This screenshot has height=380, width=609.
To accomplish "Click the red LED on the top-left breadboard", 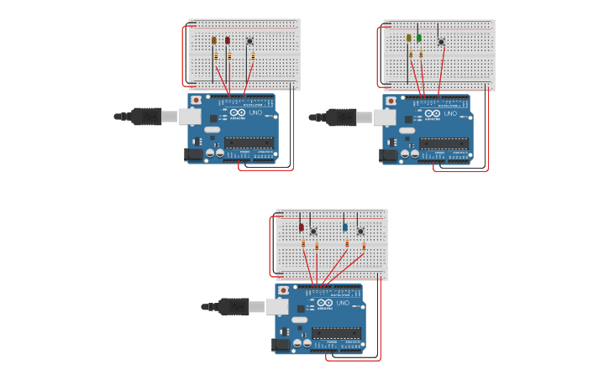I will [x=228, y=40].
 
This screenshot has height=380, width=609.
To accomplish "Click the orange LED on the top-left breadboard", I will [x=214, y=40].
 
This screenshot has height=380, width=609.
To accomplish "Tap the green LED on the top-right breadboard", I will [x=419, y=39].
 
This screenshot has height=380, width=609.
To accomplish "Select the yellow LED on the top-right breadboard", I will [x=409, y=39].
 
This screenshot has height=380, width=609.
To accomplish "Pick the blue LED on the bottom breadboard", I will [x=345, y=227].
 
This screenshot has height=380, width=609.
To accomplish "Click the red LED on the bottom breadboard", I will [x=302, y=227].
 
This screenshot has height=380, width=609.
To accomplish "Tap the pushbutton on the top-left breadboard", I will [x=249, y=41].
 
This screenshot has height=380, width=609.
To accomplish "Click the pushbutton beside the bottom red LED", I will [x=313, y=232].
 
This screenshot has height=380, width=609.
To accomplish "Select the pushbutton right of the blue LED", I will [x=360, y=232].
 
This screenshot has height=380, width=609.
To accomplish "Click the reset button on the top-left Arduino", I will [x=196, y=100].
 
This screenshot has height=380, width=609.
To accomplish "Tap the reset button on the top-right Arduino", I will [x=391, y=101].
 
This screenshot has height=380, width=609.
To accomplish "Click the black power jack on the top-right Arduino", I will [x=388, y=155].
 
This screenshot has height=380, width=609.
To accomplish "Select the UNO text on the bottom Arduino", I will [x=343, y=303].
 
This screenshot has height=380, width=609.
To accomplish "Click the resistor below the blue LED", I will [x=347, y=244].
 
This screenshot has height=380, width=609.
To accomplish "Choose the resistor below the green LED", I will [x=421, y=55].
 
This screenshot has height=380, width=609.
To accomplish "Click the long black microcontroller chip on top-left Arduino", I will [x=249, y=143].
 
